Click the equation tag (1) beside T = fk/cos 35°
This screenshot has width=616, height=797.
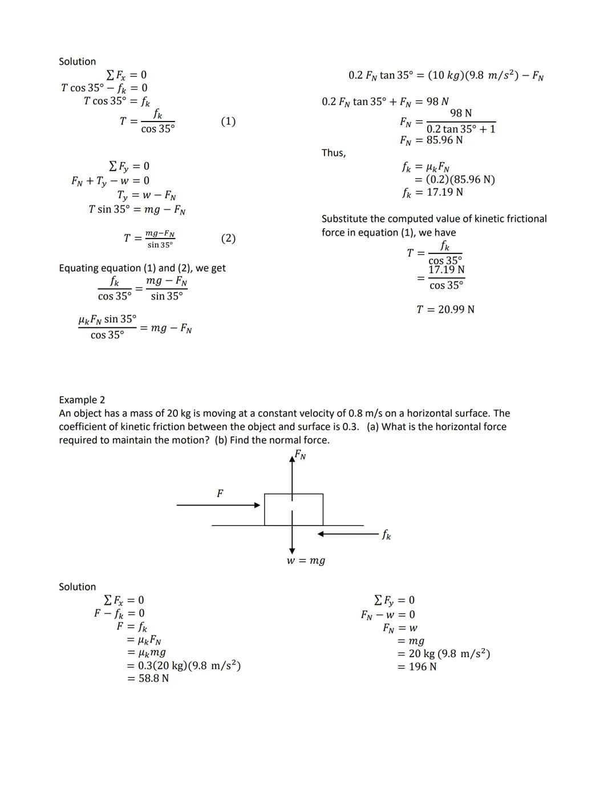point(228,121)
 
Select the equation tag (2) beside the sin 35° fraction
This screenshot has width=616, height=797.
point(228,238)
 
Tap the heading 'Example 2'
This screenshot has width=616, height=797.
point(82,400)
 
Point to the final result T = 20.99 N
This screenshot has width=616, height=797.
point(445,309)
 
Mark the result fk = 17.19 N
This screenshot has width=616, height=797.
point(432,192)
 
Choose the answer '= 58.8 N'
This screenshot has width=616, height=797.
point(148,678)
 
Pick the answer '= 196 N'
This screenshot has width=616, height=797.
point(417,666)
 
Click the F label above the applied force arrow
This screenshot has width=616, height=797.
point(220,493)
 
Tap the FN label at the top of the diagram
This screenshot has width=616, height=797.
point(300,455)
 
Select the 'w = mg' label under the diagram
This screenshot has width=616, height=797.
point(306,561)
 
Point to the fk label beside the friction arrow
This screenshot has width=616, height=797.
point(386,535)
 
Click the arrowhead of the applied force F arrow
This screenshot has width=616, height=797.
point(257,505)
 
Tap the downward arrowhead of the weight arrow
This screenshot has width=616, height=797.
point(292,551)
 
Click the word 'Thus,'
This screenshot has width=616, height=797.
point(333,153)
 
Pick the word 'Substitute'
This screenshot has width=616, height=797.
point(345,219)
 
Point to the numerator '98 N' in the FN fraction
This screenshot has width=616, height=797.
point(461,114)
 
